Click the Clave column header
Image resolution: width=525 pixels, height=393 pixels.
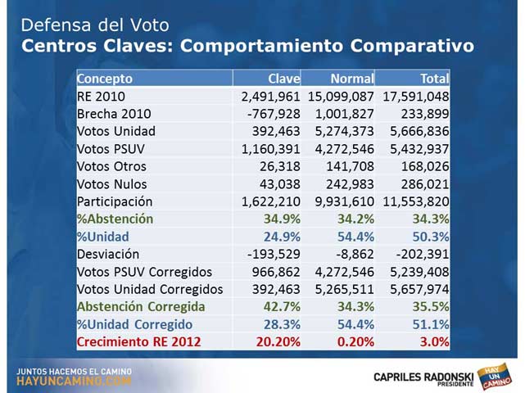(x=284, y=79)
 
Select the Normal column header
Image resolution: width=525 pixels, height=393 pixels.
(x=351, y=79)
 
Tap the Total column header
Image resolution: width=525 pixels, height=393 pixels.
(x=435, y=79)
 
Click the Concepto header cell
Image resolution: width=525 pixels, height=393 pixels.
(x=104, y=79)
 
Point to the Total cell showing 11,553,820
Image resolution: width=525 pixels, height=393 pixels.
(x=414, y=201)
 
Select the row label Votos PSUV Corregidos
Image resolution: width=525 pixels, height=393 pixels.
(x=144, y=272)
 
